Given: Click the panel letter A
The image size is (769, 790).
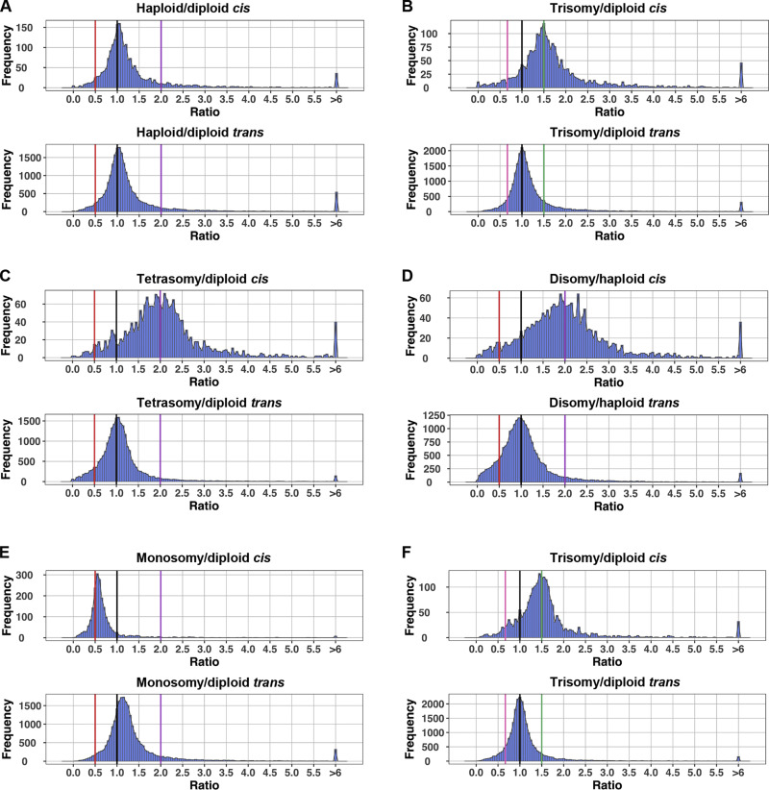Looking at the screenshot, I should point(8,8).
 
